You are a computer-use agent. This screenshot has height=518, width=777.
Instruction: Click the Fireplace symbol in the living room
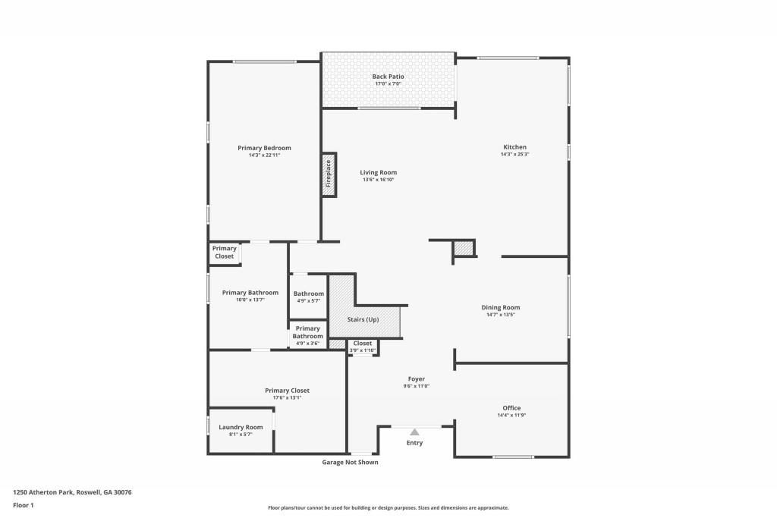click(329, 174)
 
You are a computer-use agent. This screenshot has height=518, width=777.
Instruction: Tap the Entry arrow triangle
click(414, 432)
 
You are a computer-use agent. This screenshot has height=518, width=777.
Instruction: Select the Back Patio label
click(388, 77)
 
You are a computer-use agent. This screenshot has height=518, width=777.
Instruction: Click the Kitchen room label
click(514, 147)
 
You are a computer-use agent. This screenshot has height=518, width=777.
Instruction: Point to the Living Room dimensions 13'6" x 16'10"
click(378, 180)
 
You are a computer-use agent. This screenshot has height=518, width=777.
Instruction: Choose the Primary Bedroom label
click(264, 148)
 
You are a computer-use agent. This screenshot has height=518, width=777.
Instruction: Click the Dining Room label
click(501, 307)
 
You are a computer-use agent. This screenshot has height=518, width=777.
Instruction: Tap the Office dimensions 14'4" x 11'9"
click(511, 416)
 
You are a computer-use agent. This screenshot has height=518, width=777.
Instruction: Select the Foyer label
click(417, 378)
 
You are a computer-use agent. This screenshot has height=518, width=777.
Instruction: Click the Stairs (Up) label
click(363, 319)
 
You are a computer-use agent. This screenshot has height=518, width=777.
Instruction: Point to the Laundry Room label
click(241, 427)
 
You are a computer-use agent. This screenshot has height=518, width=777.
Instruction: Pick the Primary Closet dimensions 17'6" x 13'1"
click(287, 397)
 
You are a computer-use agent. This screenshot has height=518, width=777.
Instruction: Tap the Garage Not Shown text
click(351, 462)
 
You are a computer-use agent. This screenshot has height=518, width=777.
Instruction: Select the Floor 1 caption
click(24, 505)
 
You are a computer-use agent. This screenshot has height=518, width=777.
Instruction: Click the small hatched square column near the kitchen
click(464, 248)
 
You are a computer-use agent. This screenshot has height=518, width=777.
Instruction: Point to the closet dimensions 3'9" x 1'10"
click(363, 350)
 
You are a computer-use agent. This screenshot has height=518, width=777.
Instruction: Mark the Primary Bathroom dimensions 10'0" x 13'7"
click(250, 300)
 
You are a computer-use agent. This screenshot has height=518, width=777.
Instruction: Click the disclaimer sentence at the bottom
click(388, 508)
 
